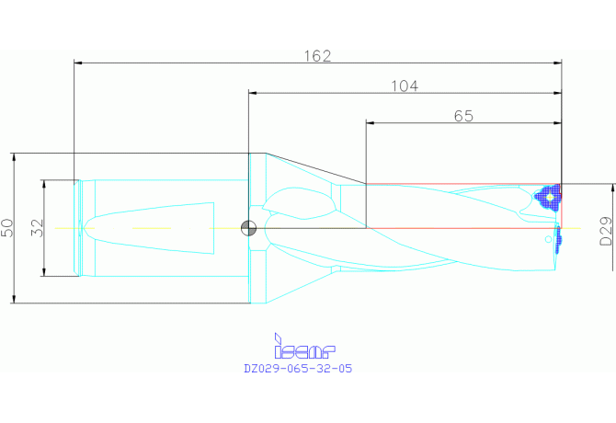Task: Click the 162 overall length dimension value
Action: [x=317, y=56]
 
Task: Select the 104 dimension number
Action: [x=405, y=86]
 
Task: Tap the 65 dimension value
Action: [x=463, y=116]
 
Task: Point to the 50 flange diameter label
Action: [x=7, y=228]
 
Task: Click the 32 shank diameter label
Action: [x=38, y=228]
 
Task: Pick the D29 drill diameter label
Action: [x=606, y=231]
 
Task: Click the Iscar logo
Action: [x=304, y=347]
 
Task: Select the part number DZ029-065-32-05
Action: [x=298, y=369]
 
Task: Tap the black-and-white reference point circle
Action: [x=248, y=228]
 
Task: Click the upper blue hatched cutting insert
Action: [x=549, y=198]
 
